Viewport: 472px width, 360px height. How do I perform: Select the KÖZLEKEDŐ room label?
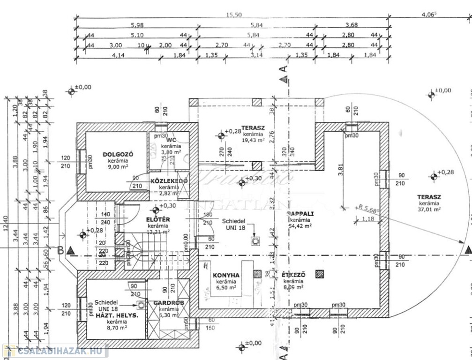click(x=169, y=181)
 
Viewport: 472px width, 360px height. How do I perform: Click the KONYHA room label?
click(x=226, y=275)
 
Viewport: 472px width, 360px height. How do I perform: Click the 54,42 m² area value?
click(x=300, y=226)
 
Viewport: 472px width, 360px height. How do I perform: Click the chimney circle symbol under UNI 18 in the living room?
click(x=255, y=241)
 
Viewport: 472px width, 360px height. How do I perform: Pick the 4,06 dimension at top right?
click(x=429, y=15)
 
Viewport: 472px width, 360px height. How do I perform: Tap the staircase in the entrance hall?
click(x=140, y=255)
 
